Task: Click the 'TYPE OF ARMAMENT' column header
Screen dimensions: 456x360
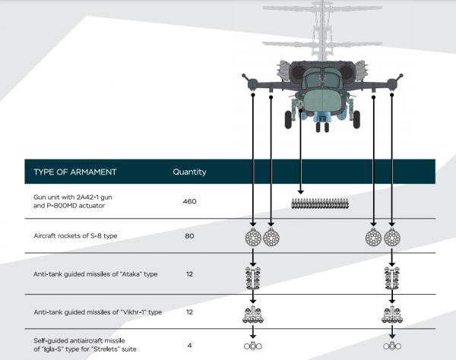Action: (75, 172)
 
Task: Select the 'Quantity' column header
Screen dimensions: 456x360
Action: (189, 172)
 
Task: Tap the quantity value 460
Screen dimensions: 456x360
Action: (189, 201)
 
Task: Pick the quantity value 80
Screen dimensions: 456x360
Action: (189, 236)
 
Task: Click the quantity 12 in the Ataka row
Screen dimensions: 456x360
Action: (189, 274)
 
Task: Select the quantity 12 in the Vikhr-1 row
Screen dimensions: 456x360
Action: (189, 312)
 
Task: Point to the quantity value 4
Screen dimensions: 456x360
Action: (189, 346)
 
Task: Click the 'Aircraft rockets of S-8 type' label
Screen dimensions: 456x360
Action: (75, 236)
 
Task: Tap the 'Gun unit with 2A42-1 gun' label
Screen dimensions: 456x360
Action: (73, 197)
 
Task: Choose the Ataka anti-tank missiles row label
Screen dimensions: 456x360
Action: (96, 274)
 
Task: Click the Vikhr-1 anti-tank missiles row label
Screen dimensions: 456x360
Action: (98, 312)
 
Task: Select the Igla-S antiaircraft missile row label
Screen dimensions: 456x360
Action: (85, 345)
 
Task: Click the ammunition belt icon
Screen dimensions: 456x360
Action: (320, 204)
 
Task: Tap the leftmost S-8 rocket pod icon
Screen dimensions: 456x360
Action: (253, 238)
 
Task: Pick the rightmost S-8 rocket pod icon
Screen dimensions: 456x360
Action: (392, 238)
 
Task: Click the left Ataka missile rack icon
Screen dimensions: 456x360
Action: (253, 278)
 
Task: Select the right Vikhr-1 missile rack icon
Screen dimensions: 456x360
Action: (392, 314)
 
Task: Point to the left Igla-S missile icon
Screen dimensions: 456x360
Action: (253, 346)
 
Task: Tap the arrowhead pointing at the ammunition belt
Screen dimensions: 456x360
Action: (301, 192)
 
